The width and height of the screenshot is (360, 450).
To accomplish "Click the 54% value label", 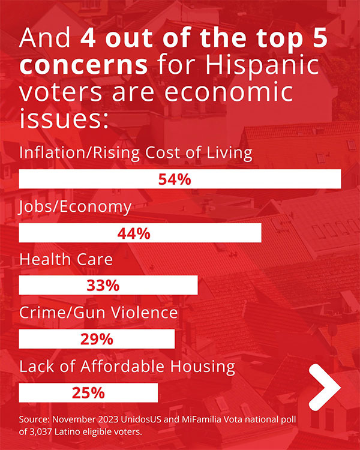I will click(x=174, y=179).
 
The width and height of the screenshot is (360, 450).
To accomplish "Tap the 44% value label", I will click(x=134, y=233).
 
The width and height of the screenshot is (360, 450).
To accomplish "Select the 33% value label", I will click(x=103, y=286).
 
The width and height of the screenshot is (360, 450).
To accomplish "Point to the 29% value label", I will click(x=97, y=339).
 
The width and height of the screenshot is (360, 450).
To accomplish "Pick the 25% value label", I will click(x=88, y=393).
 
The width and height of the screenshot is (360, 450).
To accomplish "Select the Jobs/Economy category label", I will click(x=76, y=207).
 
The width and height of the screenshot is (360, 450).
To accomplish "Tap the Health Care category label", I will click(x=66, y=260).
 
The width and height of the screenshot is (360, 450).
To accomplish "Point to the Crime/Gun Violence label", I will click(x=99, y=313).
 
